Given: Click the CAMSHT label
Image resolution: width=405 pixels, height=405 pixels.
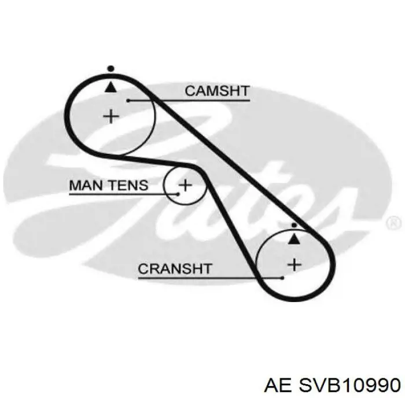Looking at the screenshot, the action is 217,91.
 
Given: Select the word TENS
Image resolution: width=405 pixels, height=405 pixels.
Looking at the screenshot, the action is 128,185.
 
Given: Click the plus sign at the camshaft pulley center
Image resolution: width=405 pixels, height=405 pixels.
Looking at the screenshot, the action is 111,116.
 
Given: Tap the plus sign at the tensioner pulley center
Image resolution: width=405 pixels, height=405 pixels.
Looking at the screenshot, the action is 185,185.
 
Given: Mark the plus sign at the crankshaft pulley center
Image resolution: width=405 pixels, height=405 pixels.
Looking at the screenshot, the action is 294,265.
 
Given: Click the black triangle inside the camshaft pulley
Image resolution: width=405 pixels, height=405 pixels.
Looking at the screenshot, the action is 111,87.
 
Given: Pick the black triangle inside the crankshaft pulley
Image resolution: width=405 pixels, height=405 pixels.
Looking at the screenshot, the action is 294,239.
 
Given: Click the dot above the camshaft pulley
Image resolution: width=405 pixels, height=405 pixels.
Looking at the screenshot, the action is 111,69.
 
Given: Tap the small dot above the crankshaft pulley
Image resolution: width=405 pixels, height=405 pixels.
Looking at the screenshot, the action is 294,226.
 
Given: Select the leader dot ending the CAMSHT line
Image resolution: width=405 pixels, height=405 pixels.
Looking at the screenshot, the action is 128,101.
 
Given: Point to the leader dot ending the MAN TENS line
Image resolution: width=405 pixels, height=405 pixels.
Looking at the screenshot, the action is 178,194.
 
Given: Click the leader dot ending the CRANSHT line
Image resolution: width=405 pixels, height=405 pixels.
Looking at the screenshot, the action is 282,278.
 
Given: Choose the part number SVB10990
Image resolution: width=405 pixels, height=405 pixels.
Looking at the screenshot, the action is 349,385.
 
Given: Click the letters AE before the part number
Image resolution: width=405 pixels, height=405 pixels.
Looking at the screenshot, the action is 278,385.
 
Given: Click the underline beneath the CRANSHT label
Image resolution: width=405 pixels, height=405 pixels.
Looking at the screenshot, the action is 210,278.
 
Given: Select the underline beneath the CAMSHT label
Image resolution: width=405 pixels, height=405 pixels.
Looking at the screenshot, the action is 189,101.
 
